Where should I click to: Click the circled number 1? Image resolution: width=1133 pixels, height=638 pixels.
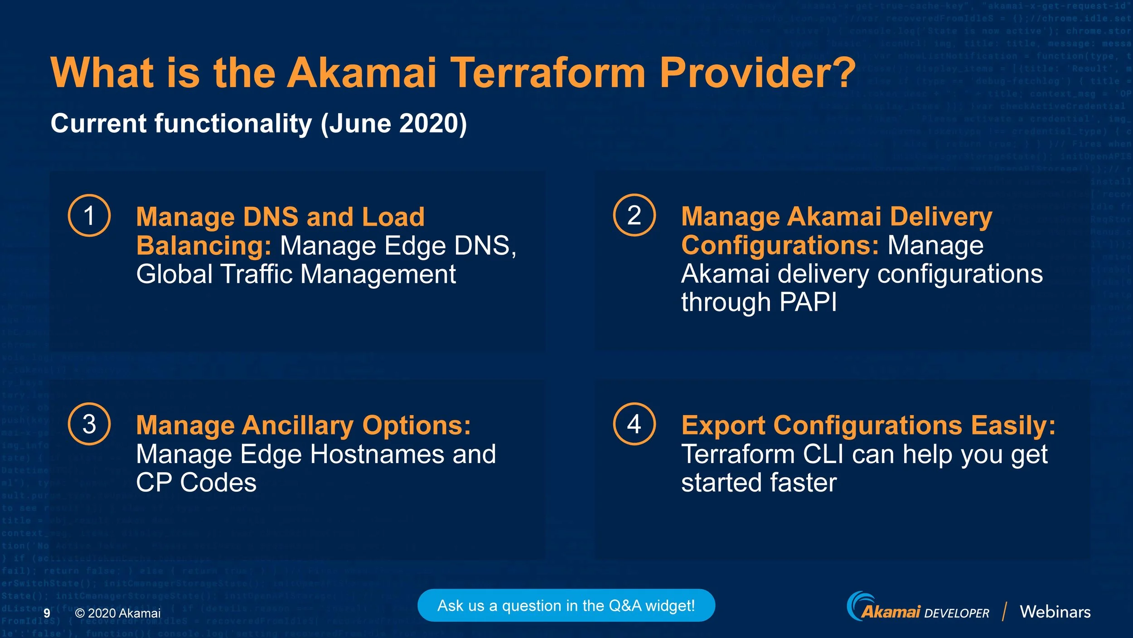(x=89, y=216)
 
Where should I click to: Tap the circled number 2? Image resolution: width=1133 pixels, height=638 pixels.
(x=634, y=215)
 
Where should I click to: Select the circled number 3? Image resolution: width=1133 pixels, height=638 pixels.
(x=89, y=424)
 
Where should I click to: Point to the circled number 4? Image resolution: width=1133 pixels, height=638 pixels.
(x=634, y=424)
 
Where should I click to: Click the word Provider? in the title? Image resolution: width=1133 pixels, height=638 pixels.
(x=757, y=72)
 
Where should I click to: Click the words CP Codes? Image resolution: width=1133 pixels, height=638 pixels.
(x=196, y=483)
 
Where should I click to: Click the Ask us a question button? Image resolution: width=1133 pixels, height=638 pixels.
(x=566, y=605)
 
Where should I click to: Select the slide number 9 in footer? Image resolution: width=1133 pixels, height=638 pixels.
(x=47, y=613)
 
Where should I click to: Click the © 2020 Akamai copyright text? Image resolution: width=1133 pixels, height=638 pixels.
(x=118, y=613)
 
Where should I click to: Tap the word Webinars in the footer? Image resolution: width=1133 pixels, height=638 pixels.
(x=1055, y=612)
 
